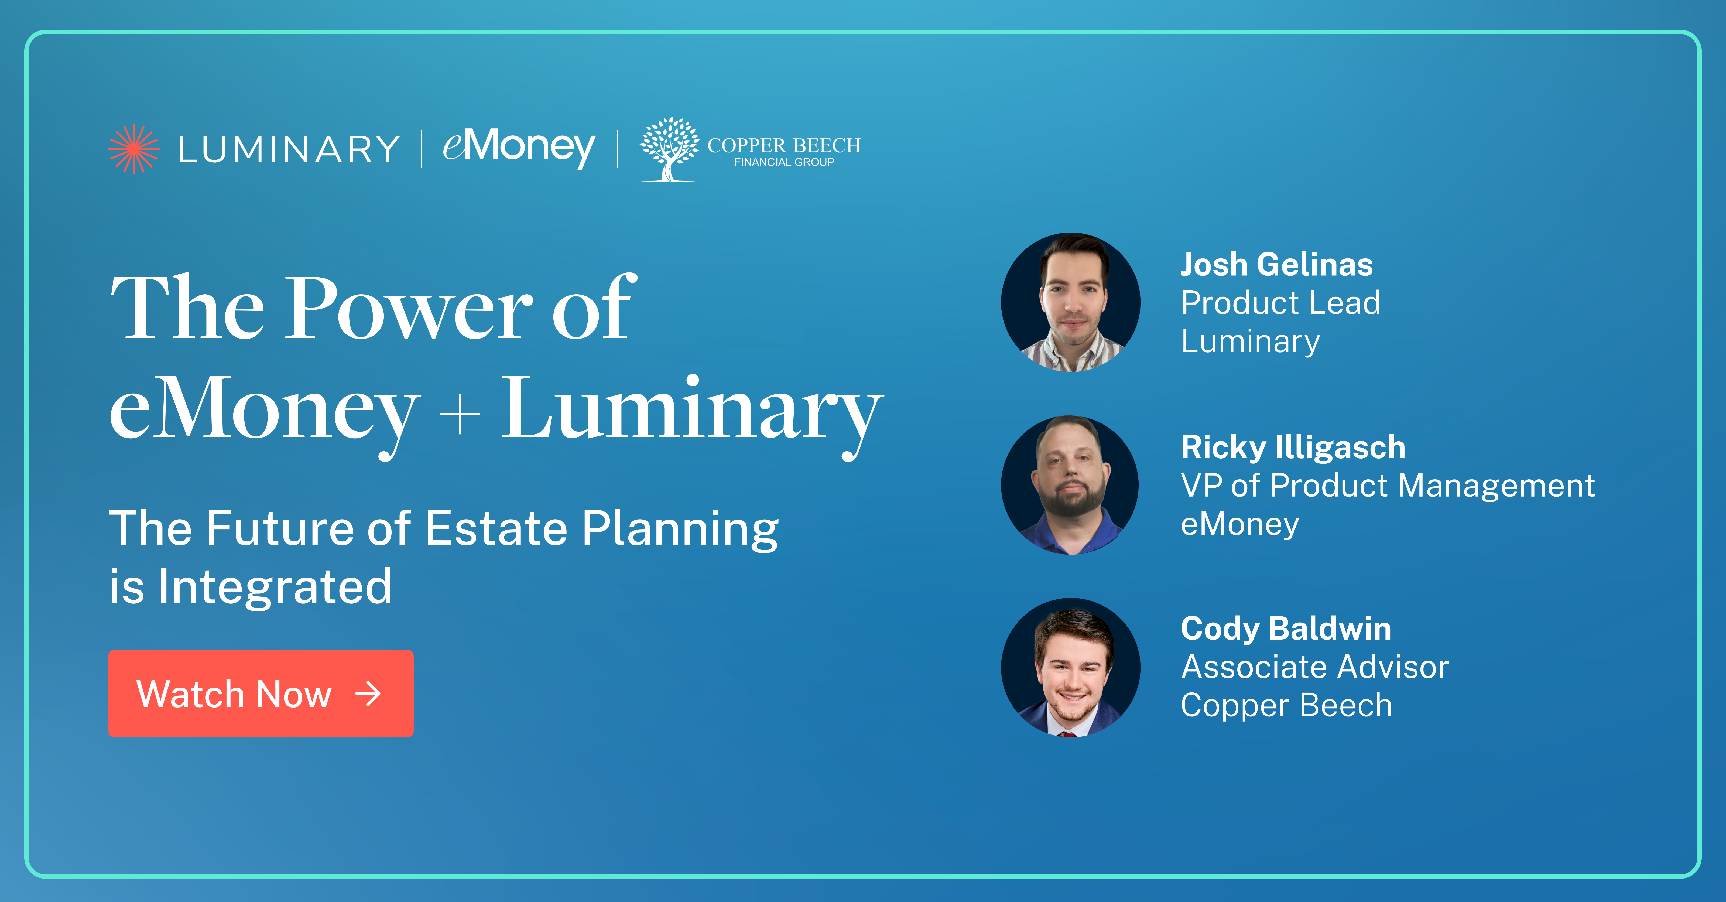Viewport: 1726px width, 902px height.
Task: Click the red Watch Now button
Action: coord(261,693)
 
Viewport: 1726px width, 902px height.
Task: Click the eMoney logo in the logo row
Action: coord(519,148)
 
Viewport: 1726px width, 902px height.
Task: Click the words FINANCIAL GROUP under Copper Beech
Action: coord(784,162)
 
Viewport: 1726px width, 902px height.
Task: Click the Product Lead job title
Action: coord(1280,303)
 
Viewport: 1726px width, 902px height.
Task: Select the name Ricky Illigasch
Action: coord(1293,447)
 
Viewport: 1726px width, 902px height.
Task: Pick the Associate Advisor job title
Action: coord(1315,667)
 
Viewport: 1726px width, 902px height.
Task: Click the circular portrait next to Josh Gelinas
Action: coord(1071,302)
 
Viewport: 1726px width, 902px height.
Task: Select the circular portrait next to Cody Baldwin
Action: coord(1071,667)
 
